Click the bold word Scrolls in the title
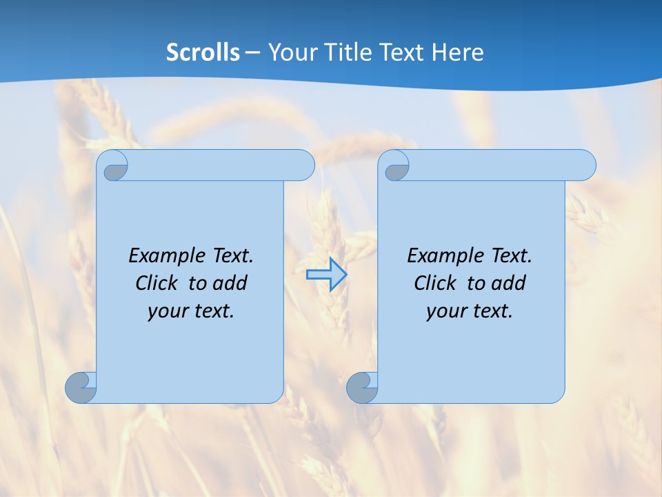point(203,52)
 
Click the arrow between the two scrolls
point(326,274)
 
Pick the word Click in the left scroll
point(156,283)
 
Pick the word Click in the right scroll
point(434,283)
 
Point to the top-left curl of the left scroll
point(114,166)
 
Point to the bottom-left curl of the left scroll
point(81,387)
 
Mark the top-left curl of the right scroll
point(396,166)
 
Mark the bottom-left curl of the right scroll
point(361,387)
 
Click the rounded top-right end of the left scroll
point(303,166)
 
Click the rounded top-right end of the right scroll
point(585,166)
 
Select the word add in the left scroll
point(230,283)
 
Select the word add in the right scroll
point(509,283)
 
